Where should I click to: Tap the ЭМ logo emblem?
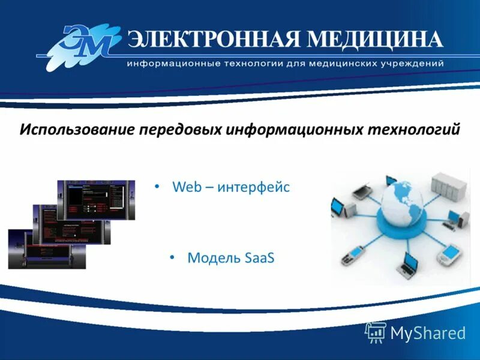coord(84,46)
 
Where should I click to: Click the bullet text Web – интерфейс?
coord(231,187)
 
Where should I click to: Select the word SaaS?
coord(260,258)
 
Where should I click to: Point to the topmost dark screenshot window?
coord(95,200)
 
